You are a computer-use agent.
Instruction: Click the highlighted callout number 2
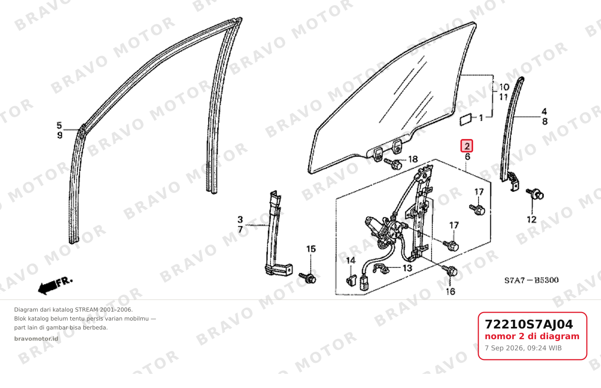pyautogui.click(x=466, y=146)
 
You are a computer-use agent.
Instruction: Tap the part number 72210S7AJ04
pyautogui.click(x=529, y=324)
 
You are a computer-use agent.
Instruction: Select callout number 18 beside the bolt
pyautogui.click(x=413, y=159)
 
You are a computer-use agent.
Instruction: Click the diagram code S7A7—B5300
pyautogui.click(x=531, y=280)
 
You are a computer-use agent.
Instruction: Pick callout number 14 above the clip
pyautogui.click(x=350, y=261)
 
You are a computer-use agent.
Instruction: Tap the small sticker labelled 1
pyautogui.click(x=466, y=120)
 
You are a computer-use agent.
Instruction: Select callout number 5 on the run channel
pyautogui.click(x=59, y=125)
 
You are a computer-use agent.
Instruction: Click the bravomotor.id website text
pyautogui.click(x=36, y=339)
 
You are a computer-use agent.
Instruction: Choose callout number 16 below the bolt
pyautogui.click(x=450, y=291)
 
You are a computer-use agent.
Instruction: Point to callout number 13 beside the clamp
pyautogui.click(x=407, y=268)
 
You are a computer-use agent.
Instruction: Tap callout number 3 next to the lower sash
pyautogui.click(x=240, y=220)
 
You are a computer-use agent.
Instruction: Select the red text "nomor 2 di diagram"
pyautogui.click(x=532, y=336)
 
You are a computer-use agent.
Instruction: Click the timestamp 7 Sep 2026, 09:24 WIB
pyautogui.click(x=523, y=348)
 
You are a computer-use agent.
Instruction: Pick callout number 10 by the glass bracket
pyautogui.click(x=504, y=87)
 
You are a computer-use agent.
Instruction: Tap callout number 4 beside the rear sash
pyautogui.click(x=544, y=111)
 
